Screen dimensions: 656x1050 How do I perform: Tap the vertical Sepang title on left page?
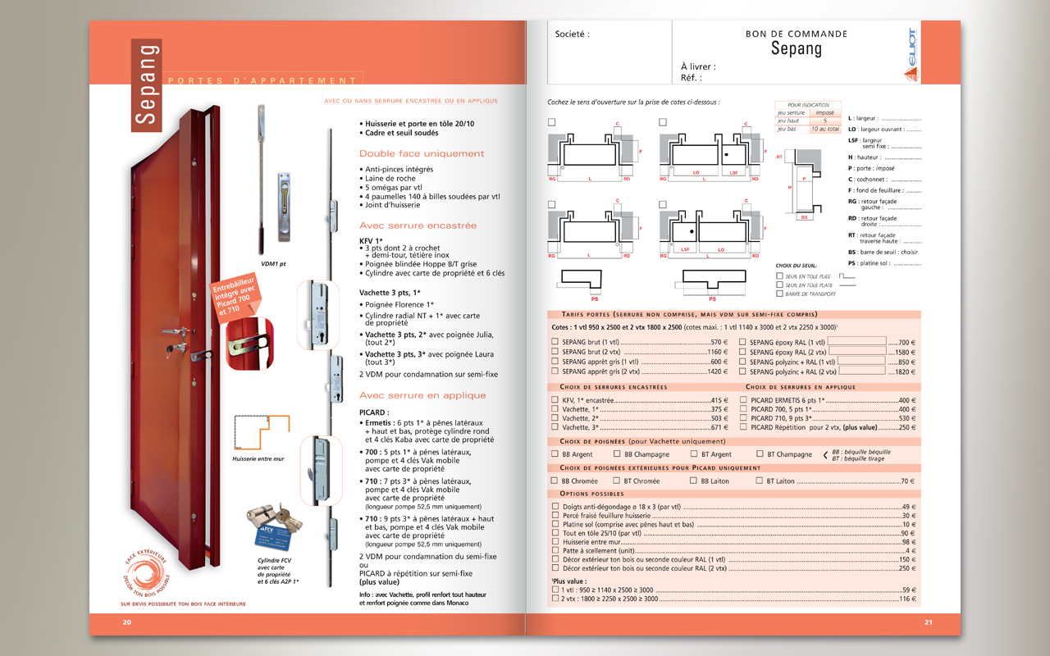147,84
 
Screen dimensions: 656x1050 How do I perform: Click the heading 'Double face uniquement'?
422,153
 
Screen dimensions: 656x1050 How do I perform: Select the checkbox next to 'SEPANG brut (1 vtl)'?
555,342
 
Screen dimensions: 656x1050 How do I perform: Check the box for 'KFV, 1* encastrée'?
555,400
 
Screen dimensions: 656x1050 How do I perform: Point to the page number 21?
929,622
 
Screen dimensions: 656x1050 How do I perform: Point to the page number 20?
127,622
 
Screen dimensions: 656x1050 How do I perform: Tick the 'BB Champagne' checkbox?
617,453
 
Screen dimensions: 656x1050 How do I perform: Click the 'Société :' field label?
573,34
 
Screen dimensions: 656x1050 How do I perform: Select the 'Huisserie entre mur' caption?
258,458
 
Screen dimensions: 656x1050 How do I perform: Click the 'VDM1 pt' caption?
272,264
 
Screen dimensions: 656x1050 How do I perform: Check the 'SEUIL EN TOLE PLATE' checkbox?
779,285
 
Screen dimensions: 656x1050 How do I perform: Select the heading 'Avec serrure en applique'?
422,395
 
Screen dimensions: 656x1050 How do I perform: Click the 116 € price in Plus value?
907,599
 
